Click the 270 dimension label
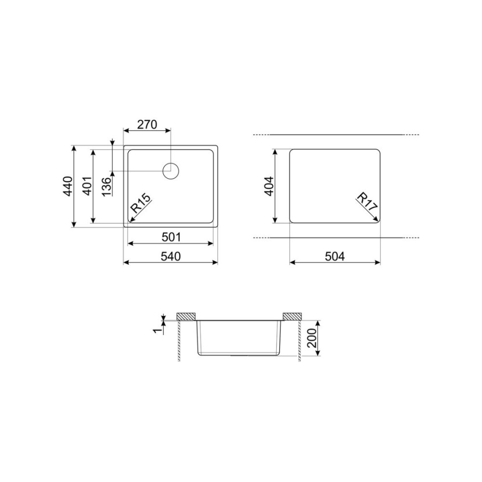[x=147, y=124]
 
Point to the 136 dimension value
[x=107, y=186]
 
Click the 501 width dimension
[x=171, y=237]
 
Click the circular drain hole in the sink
[x=171, y=171]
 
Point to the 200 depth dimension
[x=312, y=338]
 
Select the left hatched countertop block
[x=186, y=316]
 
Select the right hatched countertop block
[x=292, y=316]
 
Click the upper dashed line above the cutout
[x=337, y=134]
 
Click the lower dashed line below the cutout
[x=337, y=238]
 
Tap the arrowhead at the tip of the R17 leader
[x=375, y=220]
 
